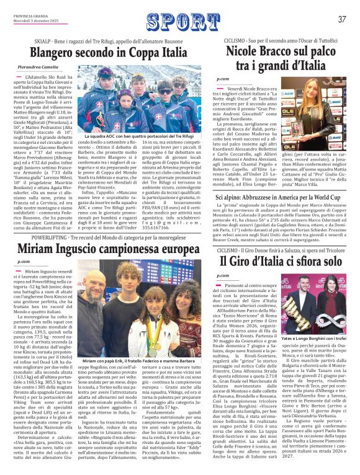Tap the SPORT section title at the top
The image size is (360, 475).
point(179,19)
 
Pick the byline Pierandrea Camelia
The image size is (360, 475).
point(40,66)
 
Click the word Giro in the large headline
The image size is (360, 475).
point(243,260)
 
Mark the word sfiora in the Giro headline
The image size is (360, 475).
point(291,260)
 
